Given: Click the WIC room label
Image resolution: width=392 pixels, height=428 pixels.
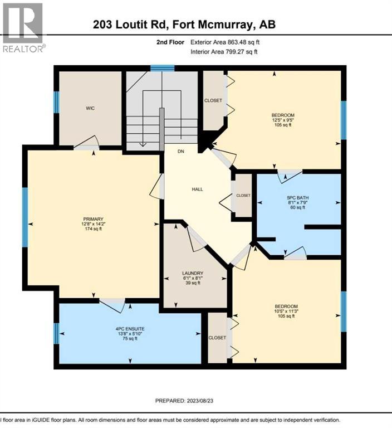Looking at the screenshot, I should [x=90, y=108].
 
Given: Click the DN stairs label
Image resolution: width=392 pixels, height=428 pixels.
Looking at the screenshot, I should [x=180, y=152].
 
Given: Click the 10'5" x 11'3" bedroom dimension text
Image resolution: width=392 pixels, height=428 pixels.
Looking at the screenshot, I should [x=286, y=312].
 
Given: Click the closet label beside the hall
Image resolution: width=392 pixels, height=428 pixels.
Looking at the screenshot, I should [x=243, y=196].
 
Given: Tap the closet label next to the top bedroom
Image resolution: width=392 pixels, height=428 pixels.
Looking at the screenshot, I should [x=213, y=100].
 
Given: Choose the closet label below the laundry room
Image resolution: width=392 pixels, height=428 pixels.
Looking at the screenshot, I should [x=217, y=338].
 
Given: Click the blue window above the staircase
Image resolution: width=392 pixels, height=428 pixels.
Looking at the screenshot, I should [x=162, y=68].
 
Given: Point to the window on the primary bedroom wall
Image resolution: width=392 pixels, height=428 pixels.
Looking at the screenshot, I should [x=25, y=217].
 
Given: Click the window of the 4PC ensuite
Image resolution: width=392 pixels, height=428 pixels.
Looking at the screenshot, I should [x=56, y=334].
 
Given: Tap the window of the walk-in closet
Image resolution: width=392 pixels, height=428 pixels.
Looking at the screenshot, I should [x=56, y=103].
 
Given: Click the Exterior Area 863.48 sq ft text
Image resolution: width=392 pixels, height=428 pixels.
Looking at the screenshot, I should [x=224, y=42].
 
